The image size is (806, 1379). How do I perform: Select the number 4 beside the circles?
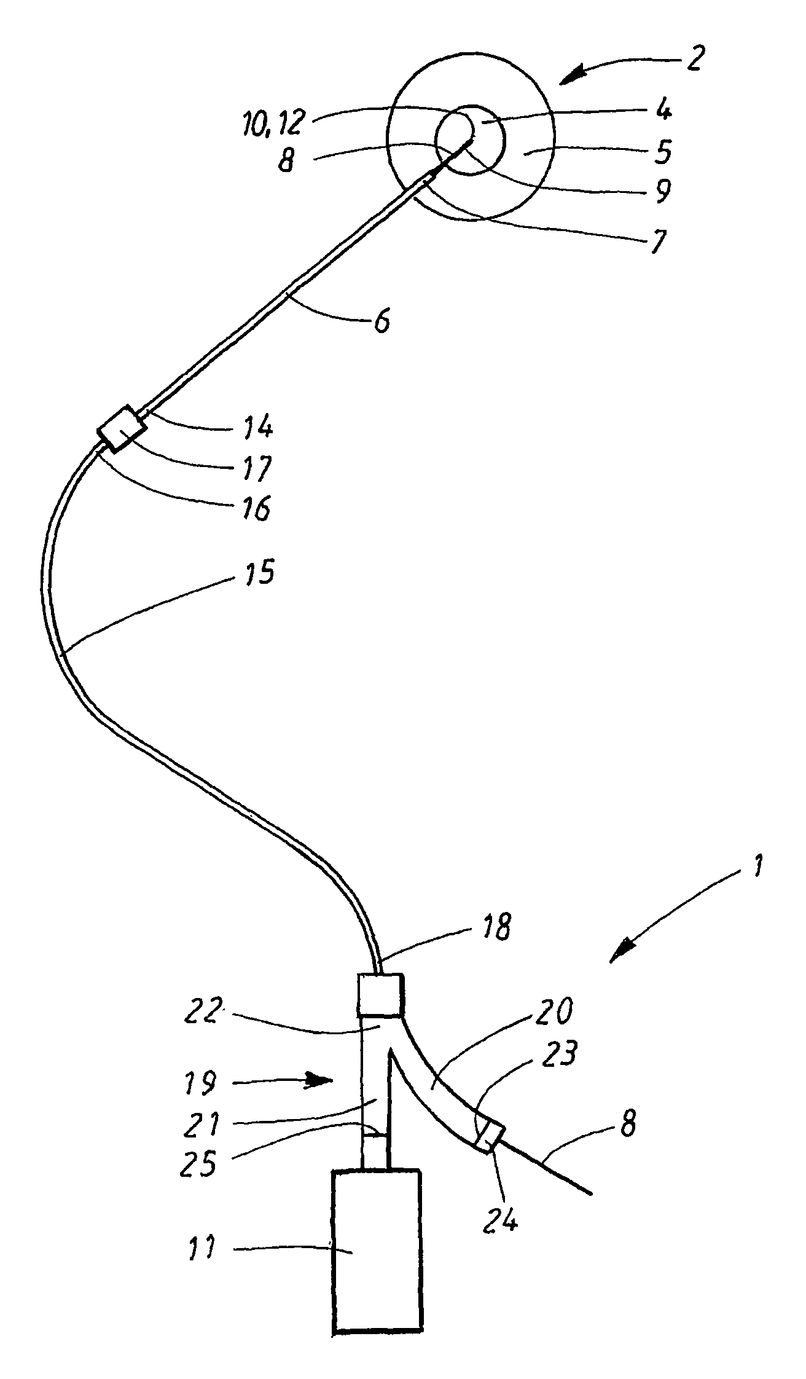pyautogui.click(x=663, y=111)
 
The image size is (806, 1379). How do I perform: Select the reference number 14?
pyautogui.click(x=259, y=426)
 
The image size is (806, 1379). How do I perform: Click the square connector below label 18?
pyautogui.click(x=380, y=994)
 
